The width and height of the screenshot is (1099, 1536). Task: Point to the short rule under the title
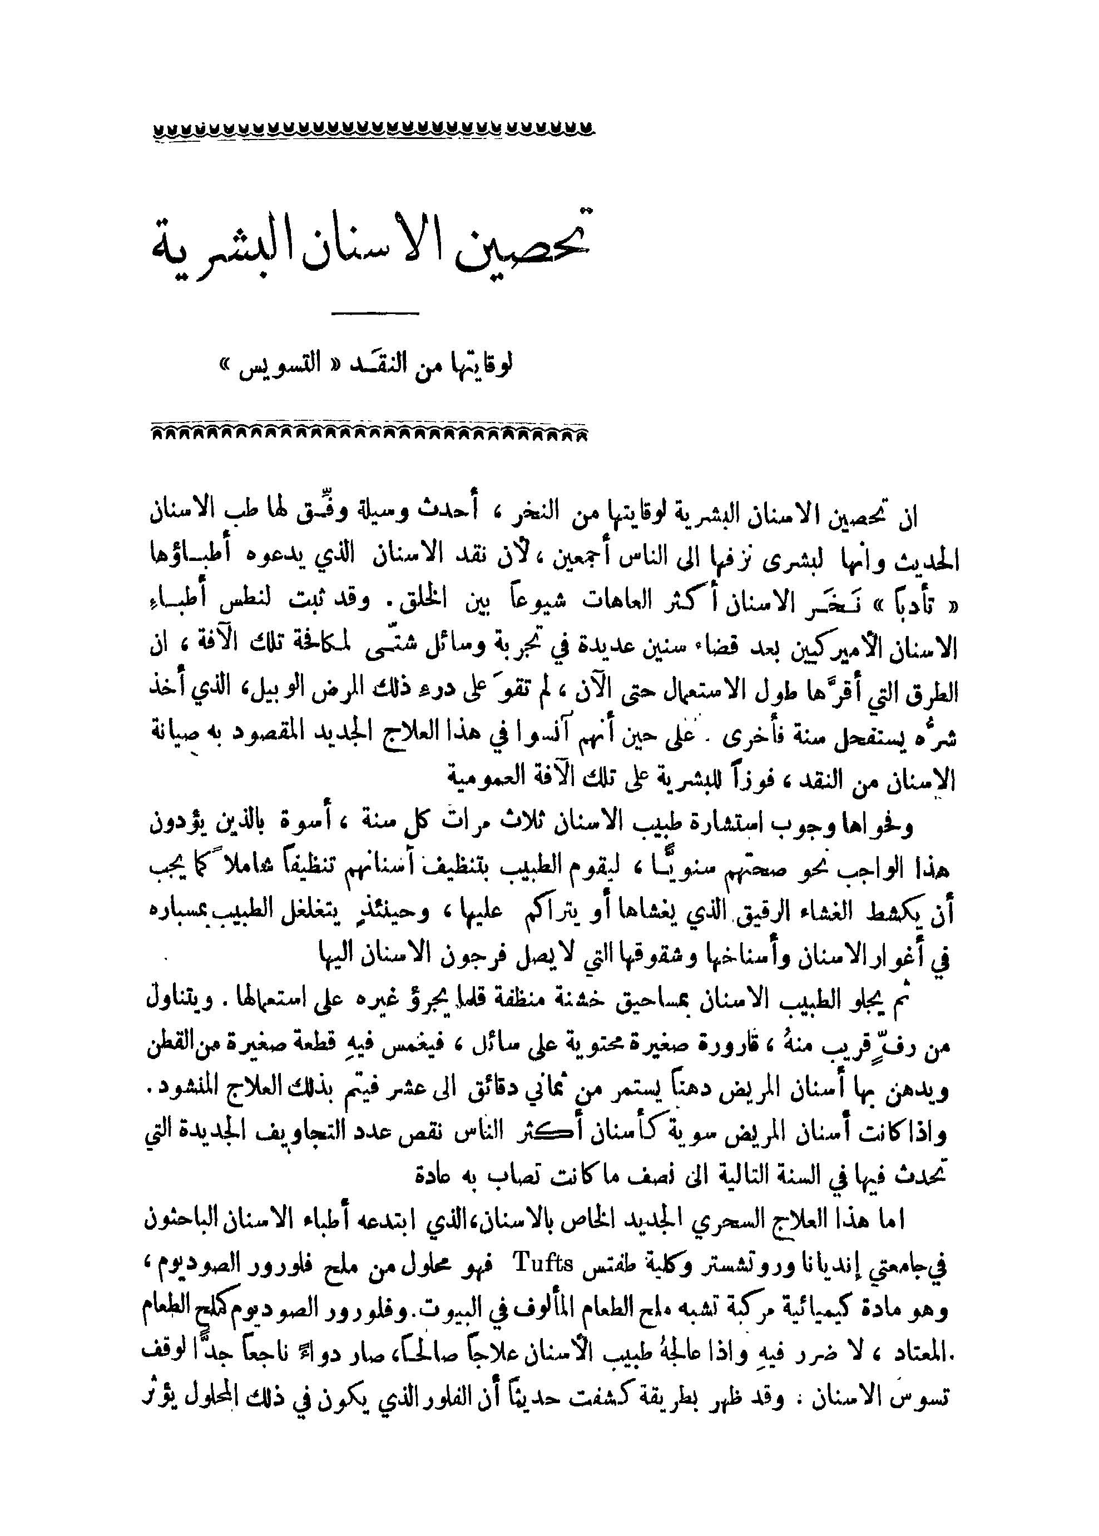(x=375, y=312)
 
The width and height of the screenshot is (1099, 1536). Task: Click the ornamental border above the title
(x=375, y=128)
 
